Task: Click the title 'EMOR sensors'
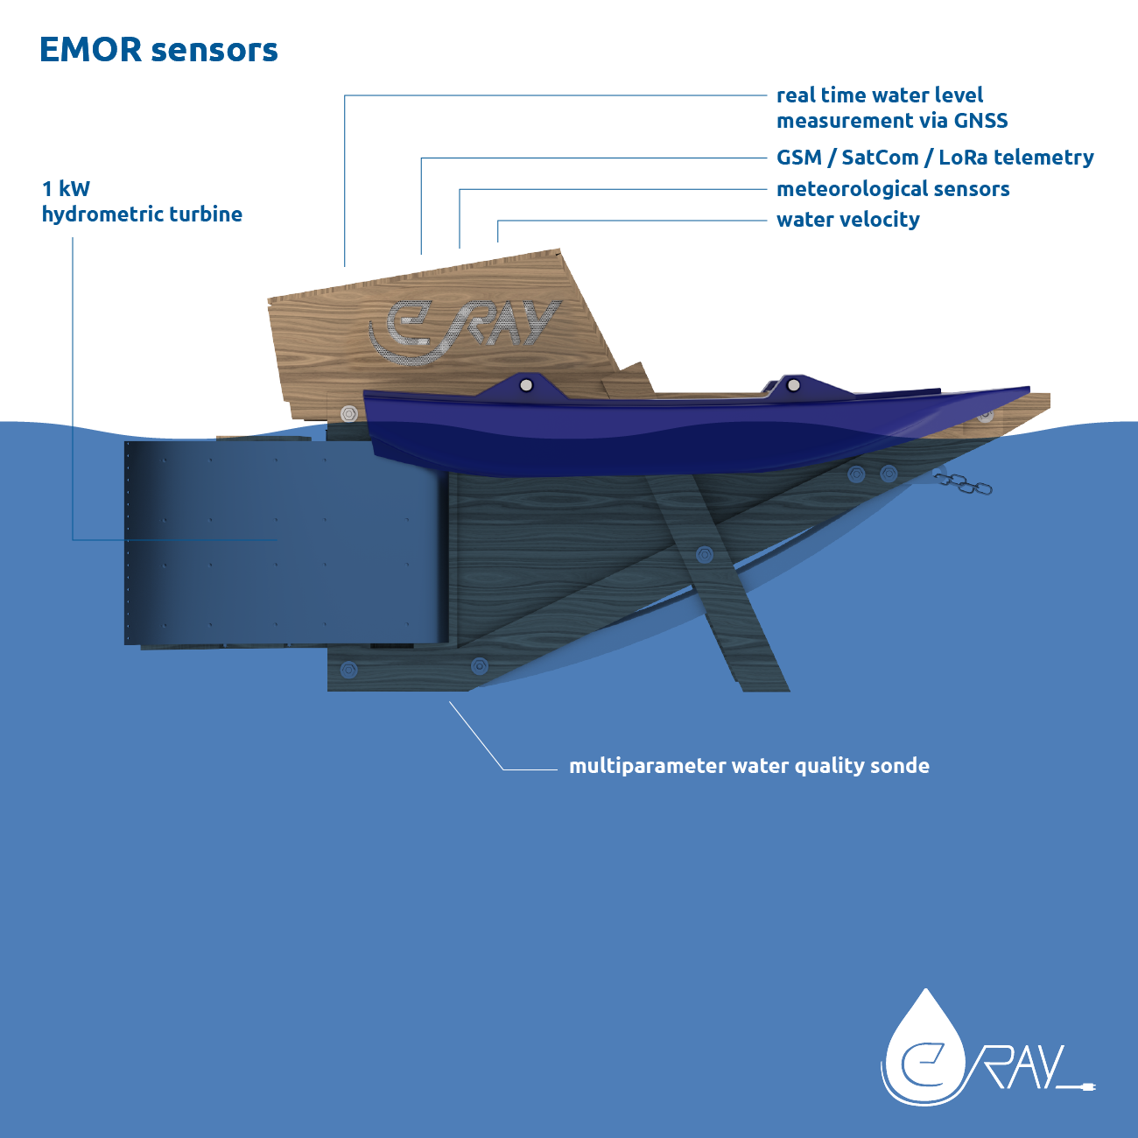[x=158, y=50]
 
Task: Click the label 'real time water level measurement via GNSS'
[x=891, y=108]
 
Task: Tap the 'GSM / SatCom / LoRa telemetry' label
[x=935, y=158]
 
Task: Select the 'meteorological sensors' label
[x=893, y=189]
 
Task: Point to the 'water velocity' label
[x=847, y=220]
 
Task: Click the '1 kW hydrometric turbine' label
[x=142, y=201]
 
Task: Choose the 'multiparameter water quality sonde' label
[x=749, y=766]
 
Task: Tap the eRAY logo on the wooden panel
[x=464, y=331]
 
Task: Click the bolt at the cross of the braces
[x=704, y=554]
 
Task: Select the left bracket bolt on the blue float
[x=526, y=385]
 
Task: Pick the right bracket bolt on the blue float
[x=793, y=384]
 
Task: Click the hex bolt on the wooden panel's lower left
[x=348, y=412]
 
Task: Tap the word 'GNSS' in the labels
[x=980, y=121]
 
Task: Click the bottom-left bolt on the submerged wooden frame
[x=348, y=670]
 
